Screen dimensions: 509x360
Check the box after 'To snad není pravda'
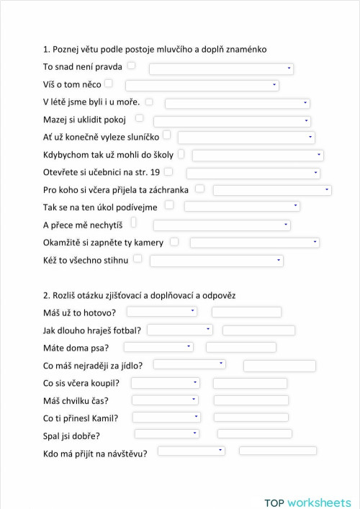coord(131,66)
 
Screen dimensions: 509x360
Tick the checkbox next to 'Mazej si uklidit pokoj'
coord(139,118)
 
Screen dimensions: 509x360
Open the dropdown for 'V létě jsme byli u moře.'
coord(237,104)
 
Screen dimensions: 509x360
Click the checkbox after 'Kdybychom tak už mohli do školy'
coord(181,153)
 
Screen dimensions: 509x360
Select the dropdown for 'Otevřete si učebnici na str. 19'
coord(253,174)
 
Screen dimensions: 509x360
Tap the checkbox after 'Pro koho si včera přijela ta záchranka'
coord(199,189)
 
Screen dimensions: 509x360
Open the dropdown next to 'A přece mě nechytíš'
coord(222,225)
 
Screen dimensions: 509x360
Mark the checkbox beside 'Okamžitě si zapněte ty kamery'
coord(174,242)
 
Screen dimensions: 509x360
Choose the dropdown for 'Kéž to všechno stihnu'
coord(216,261)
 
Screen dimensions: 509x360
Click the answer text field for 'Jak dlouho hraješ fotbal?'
coord(258,330)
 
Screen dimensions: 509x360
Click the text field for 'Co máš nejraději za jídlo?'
coord(279,366)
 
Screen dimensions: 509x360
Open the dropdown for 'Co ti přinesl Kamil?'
coord(166,417)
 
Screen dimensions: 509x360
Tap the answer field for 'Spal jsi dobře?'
coord(254,434)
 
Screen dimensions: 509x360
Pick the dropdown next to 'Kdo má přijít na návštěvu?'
coord(191,451)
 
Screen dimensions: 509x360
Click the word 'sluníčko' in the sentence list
coord(140,137)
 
